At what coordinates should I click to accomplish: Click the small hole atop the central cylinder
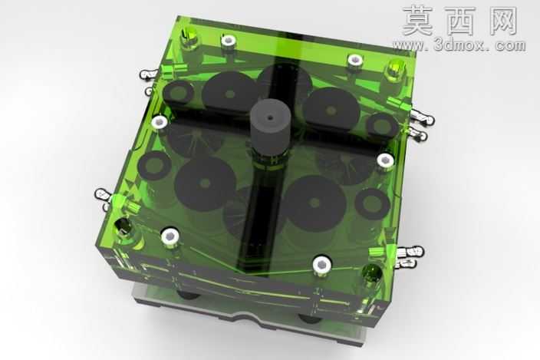pos(270,118)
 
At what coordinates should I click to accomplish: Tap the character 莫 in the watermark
pos(417,21)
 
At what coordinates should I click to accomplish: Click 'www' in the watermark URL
pos(410,45)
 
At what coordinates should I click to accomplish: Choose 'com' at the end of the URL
pos(509,45)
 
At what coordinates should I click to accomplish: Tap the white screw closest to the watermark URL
pos(354,61)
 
